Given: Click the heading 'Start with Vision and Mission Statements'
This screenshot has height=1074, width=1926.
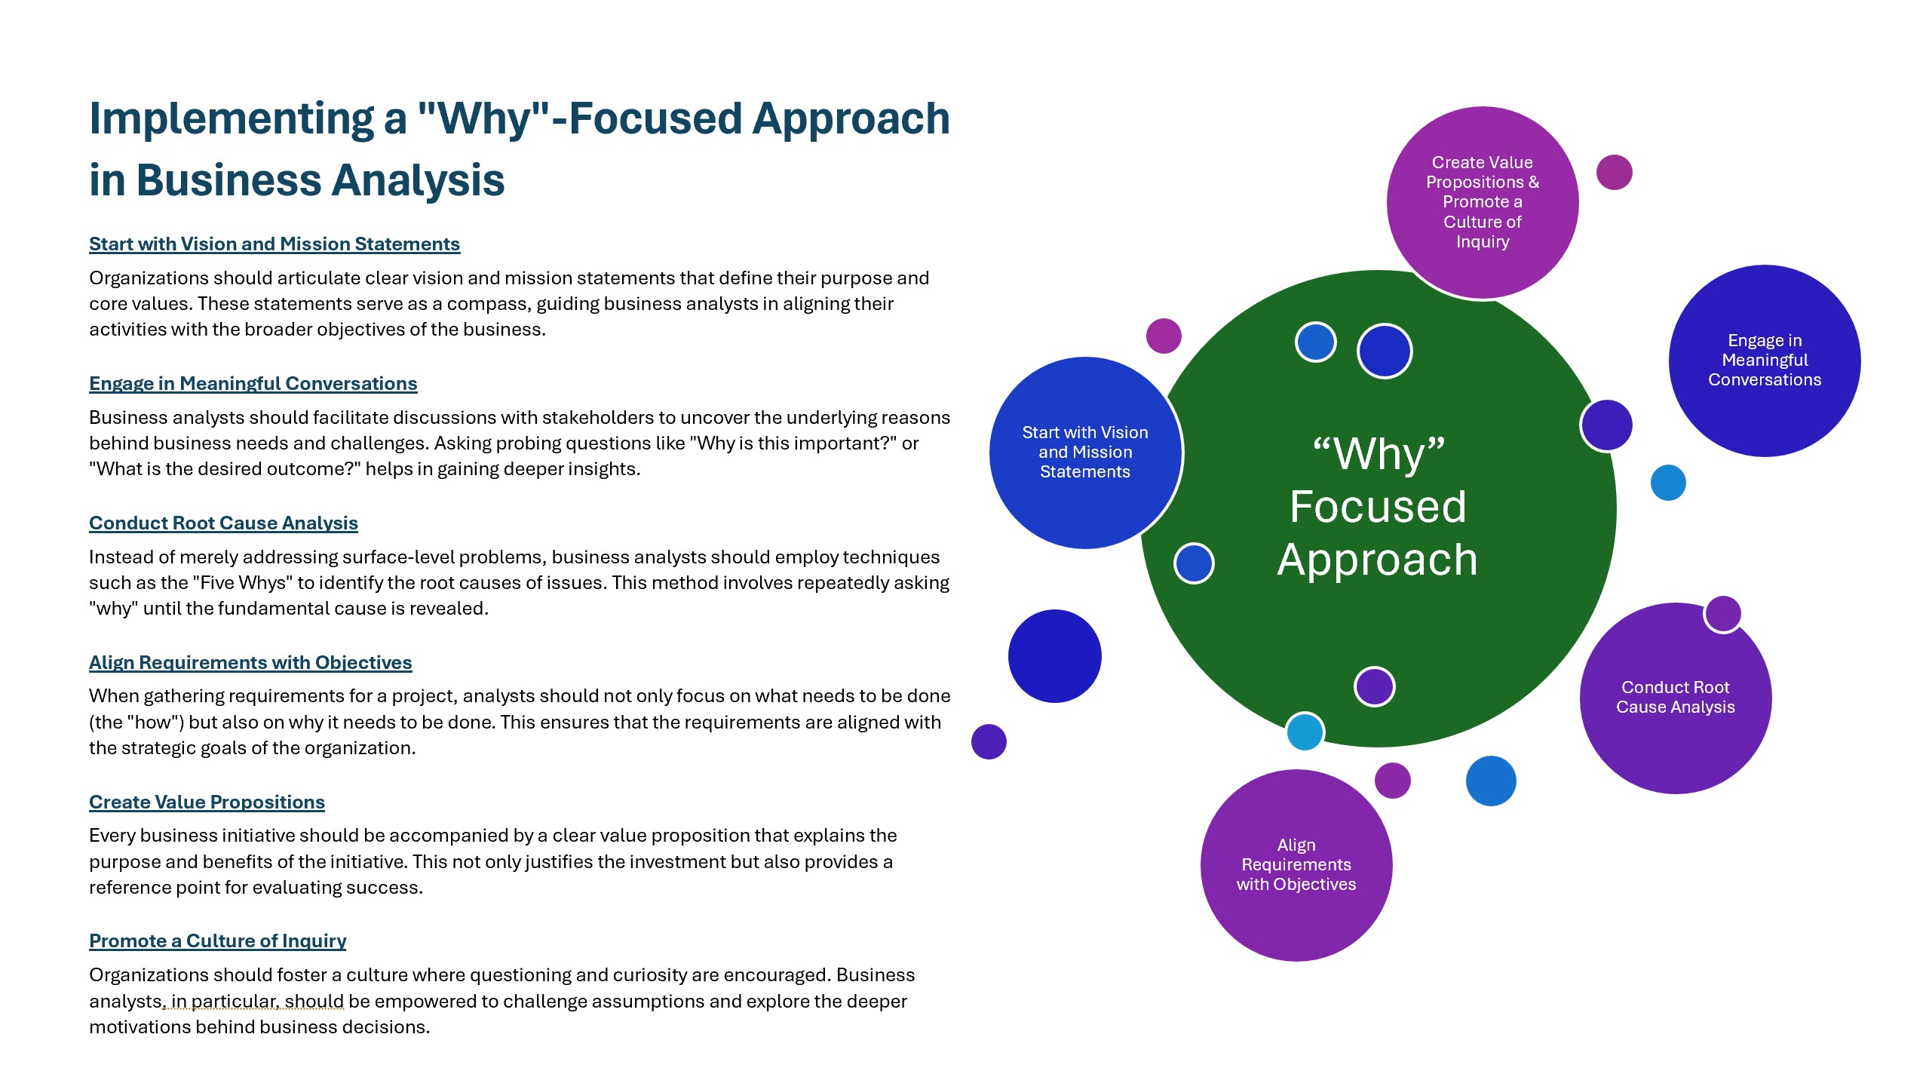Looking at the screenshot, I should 274,244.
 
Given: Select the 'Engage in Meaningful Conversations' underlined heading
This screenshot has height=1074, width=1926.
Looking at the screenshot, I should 253,383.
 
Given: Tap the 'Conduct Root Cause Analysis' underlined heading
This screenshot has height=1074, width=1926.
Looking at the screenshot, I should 223,523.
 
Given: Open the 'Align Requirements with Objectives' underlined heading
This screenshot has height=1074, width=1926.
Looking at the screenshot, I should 250,662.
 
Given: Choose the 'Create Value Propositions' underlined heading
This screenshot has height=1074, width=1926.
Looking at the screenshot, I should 207,802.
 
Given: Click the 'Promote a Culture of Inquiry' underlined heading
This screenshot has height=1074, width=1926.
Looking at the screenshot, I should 217,941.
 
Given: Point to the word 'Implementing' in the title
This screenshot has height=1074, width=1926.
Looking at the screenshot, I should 231,118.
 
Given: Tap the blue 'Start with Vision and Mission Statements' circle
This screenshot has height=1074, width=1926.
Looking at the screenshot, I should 1084,452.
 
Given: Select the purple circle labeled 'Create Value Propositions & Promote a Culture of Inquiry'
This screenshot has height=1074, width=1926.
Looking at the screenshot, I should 1482,201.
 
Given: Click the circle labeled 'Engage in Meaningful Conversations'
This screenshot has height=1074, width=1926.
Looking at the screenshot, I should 1764,360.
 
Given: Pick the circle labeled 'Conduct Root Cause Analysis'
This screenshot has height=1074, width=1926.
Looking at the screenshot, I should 1675,697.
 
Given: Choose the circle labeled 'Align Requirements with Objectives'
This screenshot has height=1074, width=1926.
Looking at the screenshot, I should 1296,864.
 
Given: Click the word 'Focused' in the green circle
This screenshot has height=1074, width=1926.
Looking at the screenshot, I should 1378,506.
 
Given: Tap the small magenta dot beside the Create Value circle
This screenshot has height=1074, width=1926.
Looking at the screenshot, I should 1614,173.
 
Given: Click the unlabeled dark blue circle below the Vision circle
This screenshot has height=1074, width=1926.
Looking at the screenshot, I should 1054,655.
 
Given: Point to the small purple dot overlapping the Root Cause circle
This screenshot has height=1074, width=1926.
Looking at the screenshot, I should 1722,613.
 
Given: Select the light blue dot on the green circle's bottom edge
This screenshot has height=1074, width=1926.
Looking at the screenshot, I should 1305,731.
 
